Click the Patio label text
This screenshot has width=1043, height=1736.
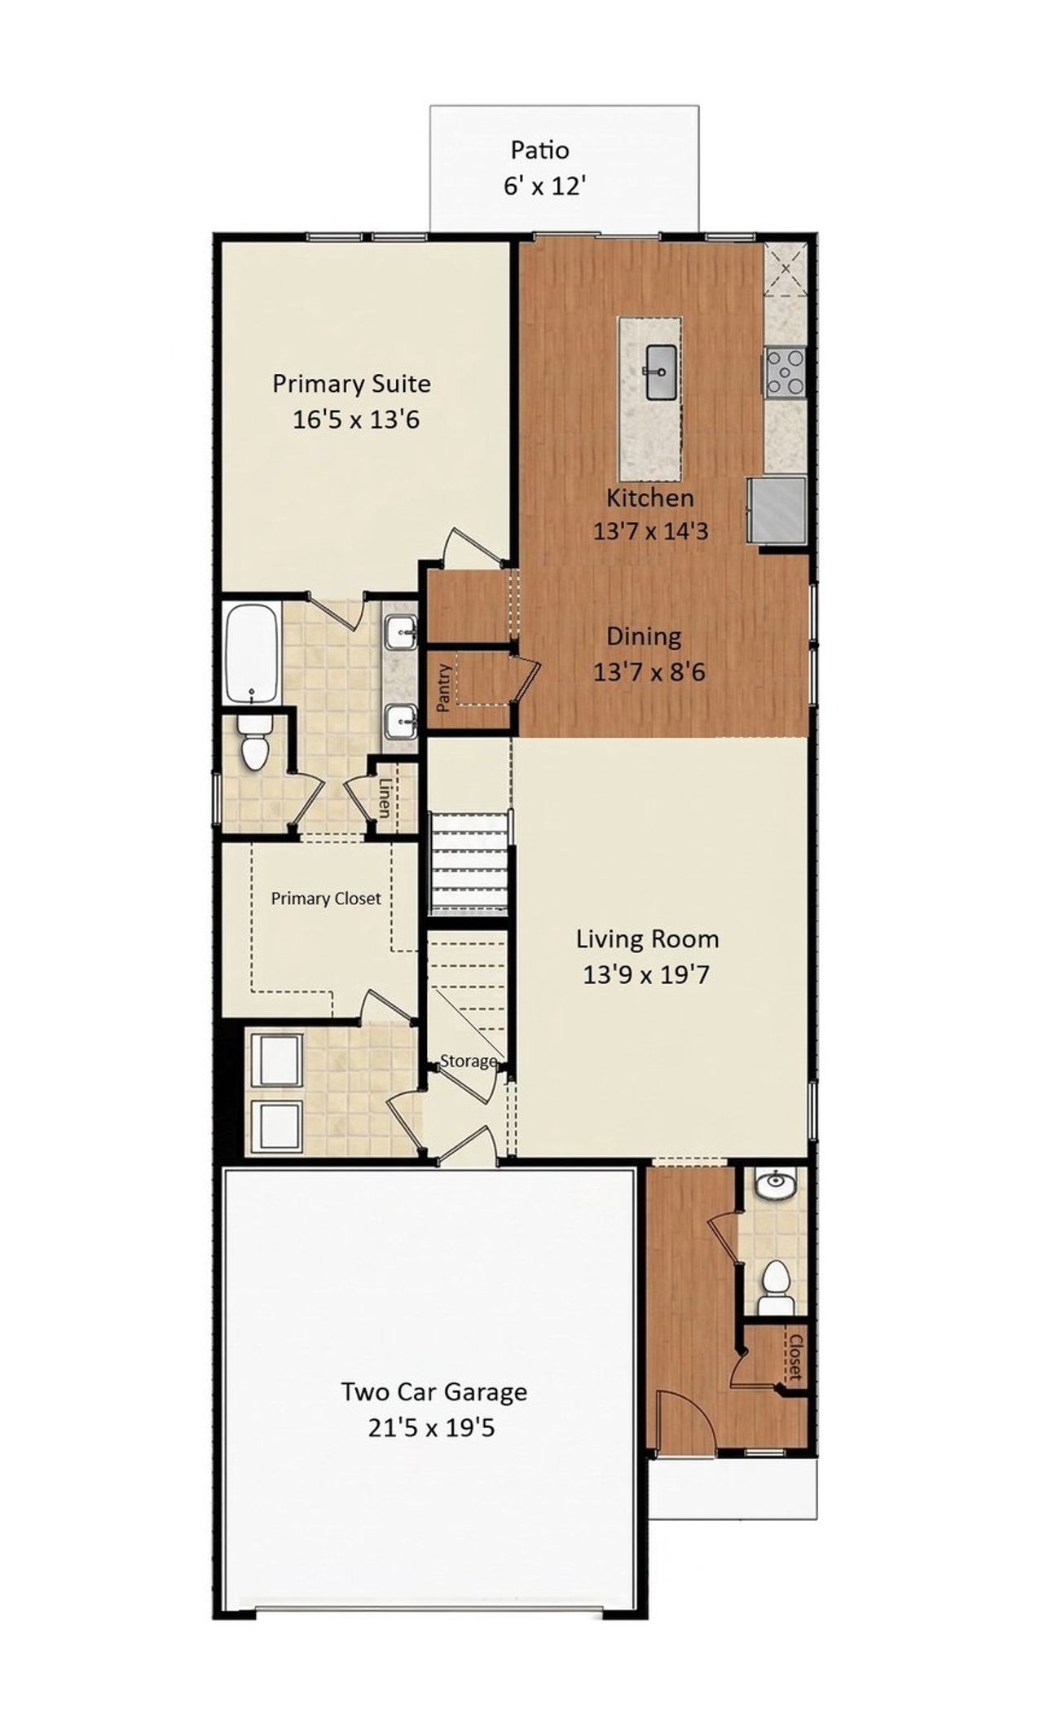(539, 150)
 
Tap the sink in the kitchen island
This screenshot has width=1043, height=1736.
(660, 371)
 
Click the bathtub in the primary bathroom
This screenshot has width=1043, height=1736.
(252, 653)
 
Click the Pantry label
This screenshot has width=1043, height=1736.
(444, 688)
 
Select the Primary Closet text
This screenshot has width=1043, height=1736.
(326, 899)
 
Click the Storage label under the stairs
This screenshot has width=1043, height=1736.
(468, 1061)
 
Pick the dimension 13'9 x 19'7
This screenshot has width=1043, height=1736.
(646, 974)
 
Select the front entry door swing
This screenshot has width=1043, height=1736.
(684, 1418)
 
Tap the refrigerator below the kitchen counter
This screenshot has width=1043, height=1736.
(778, 510)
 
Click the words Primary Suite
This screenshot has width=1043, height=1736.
(351, 383)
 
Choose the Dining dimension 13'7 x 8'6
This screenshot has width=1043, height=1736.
(649, 672)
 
